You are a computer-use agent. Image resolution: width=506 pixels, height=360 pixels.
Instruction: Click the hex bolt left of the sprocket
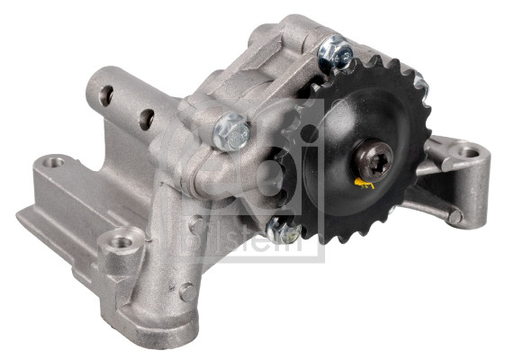(231, 133)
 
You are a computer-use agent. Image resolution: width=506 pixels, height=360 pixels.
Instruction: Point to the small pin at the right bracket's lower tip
(456, 217)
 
